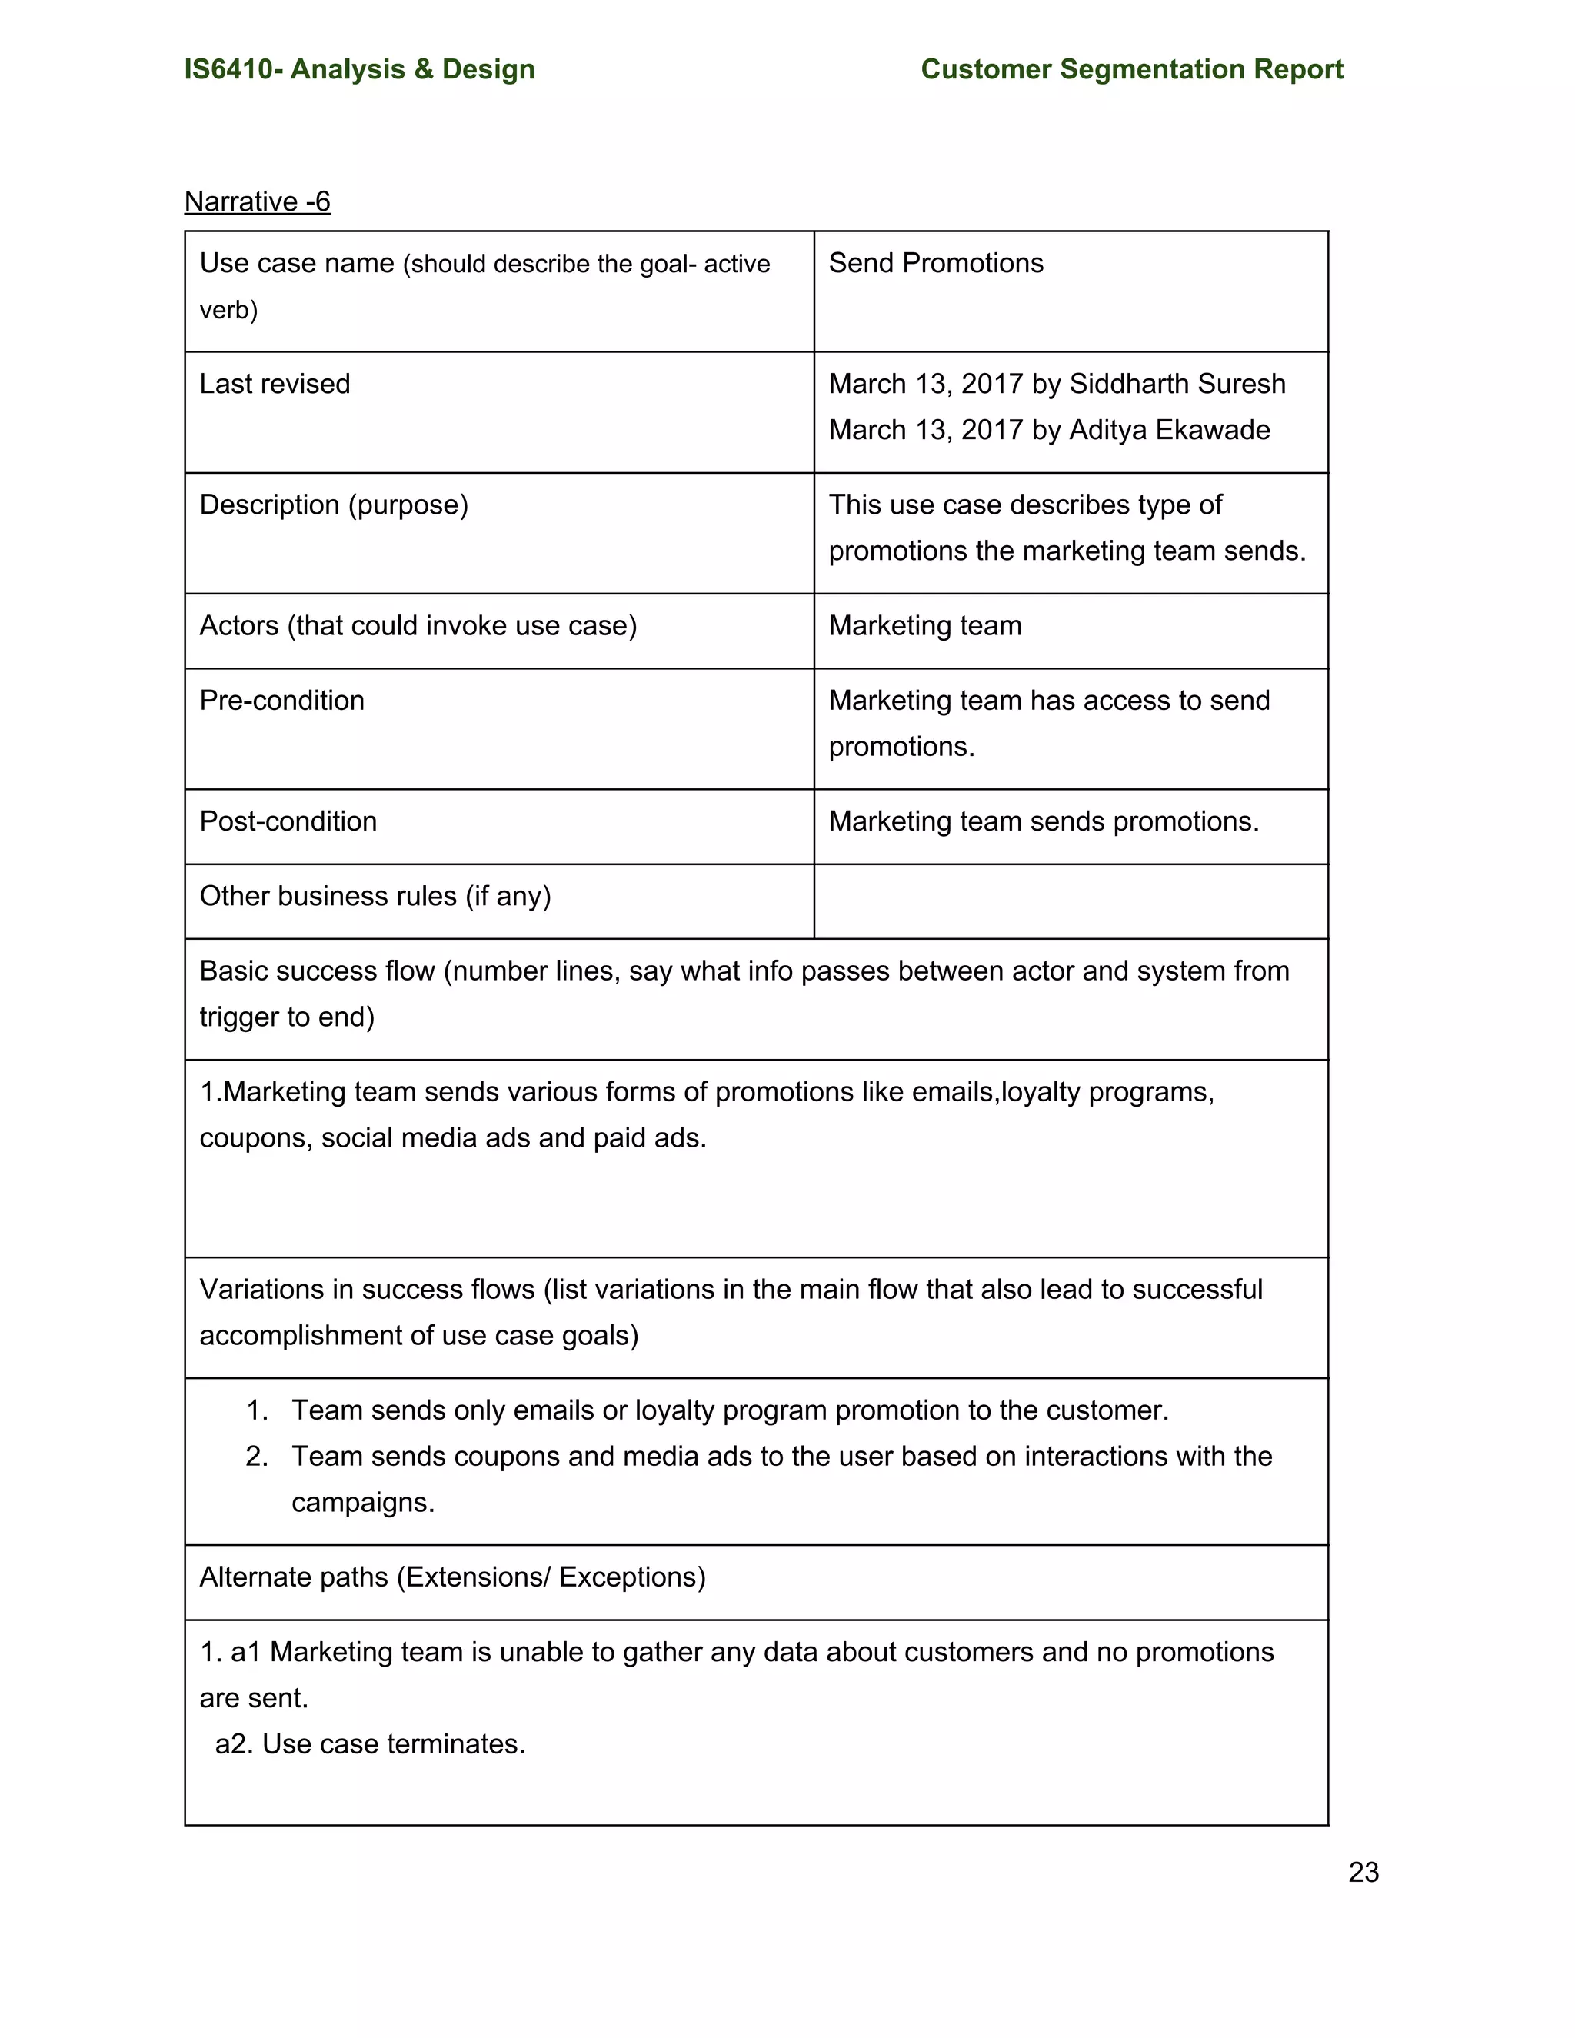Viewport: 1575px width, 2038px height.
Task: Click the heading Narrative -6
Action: pos(258,201)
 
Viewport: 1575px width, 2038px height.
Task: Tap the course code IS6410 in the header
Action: pos(228,69)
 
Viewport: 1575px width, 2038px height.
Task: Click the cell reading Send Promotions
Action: pos(935,263)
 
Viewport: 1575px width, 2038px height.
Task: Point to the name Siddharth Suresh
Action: pos(1177,384)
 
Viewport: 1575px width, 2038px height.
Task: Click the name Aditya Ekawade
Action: pos(1169,430)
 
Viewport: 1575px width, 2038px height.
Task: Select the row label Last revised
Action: pos(275,384)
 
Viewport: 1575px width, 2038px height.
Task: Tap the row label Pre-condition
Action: pos(281,700)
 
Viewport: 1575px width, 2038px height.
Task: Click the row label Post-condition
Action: pos(288,821)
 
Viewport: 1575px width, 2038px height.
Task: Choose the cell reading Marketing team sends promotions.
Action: pos(1043,821)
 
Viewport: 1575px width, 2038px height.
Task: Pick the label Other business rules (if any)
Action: pos(375,896)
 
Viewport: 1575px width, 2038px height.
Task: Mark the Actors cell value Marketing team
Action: pos(924,625)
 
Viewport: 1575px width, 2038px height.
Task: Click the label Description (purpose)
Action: pos(333,505)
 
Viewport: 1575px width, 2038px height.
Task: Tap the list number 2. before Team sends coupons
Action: pos(257,1457)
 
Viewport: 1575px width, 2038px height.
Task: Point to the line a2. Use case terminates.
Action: pos(371,1744)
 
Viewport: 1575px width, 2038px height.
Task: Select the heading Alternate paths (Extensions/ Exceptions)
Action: pos(451,1577)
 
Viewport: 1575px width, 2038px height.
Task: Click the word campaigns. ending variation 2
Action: pos(362,1503)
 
